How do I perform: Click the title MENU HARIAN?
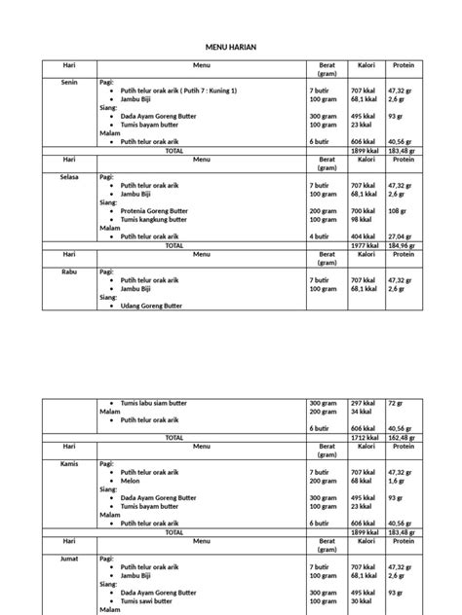(x=230, y=46)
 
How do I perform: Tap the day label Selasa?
(x=59, y=177)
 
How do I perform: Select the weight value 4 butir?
(x=319, y=235)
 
